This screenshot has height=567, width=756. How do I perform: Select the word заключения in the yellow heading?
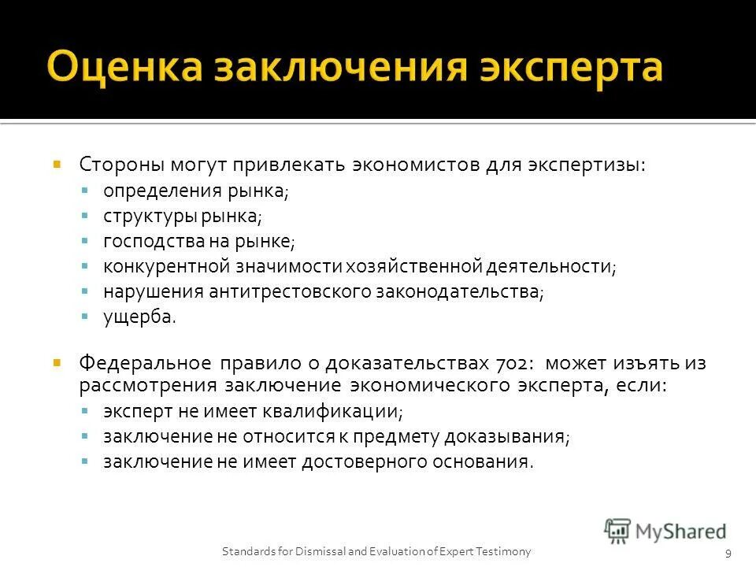(x=337, y=68)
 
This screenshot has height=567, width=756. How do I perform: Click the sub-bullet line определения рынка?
(x=195, y=191)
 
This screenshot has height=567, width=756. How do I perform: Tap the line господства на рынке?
(x=198, y=241)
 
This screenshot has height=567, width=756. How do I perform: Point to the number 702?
(x=513, y=364)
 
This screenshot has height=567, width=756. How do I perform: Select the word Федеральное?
(x=144, y=364)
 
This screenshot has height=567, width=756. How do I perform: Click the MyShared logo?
(x=666, y=531)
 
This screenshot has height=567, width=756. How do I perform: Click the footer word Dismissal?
(x=315, y=550)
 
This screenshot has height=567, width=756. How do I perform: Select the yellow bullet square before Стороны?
(x=57, y=165)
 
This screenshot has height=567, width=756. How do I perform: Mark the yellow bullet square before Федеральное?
(x=57, y=363)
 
